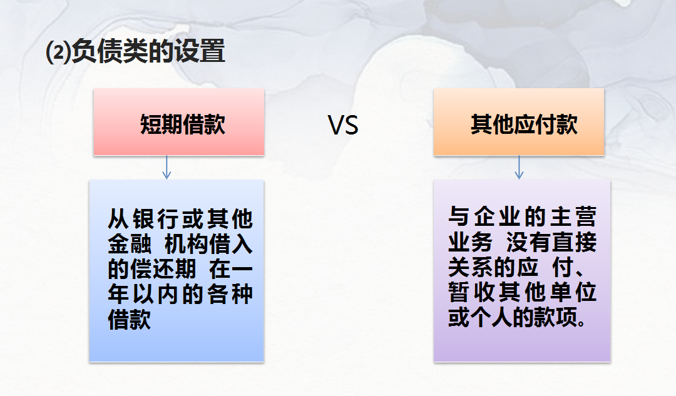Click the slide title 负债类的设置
coord(148,51)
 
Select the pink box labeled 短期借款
coord(179,122)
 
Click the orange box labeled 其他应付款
coord(519,122)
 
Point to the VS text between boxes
coord(343,126)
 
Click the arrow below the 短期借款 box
coord(166,168)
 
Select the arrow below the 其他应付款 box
coord(519,168)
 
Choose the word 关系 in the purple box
coord(468,267)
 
